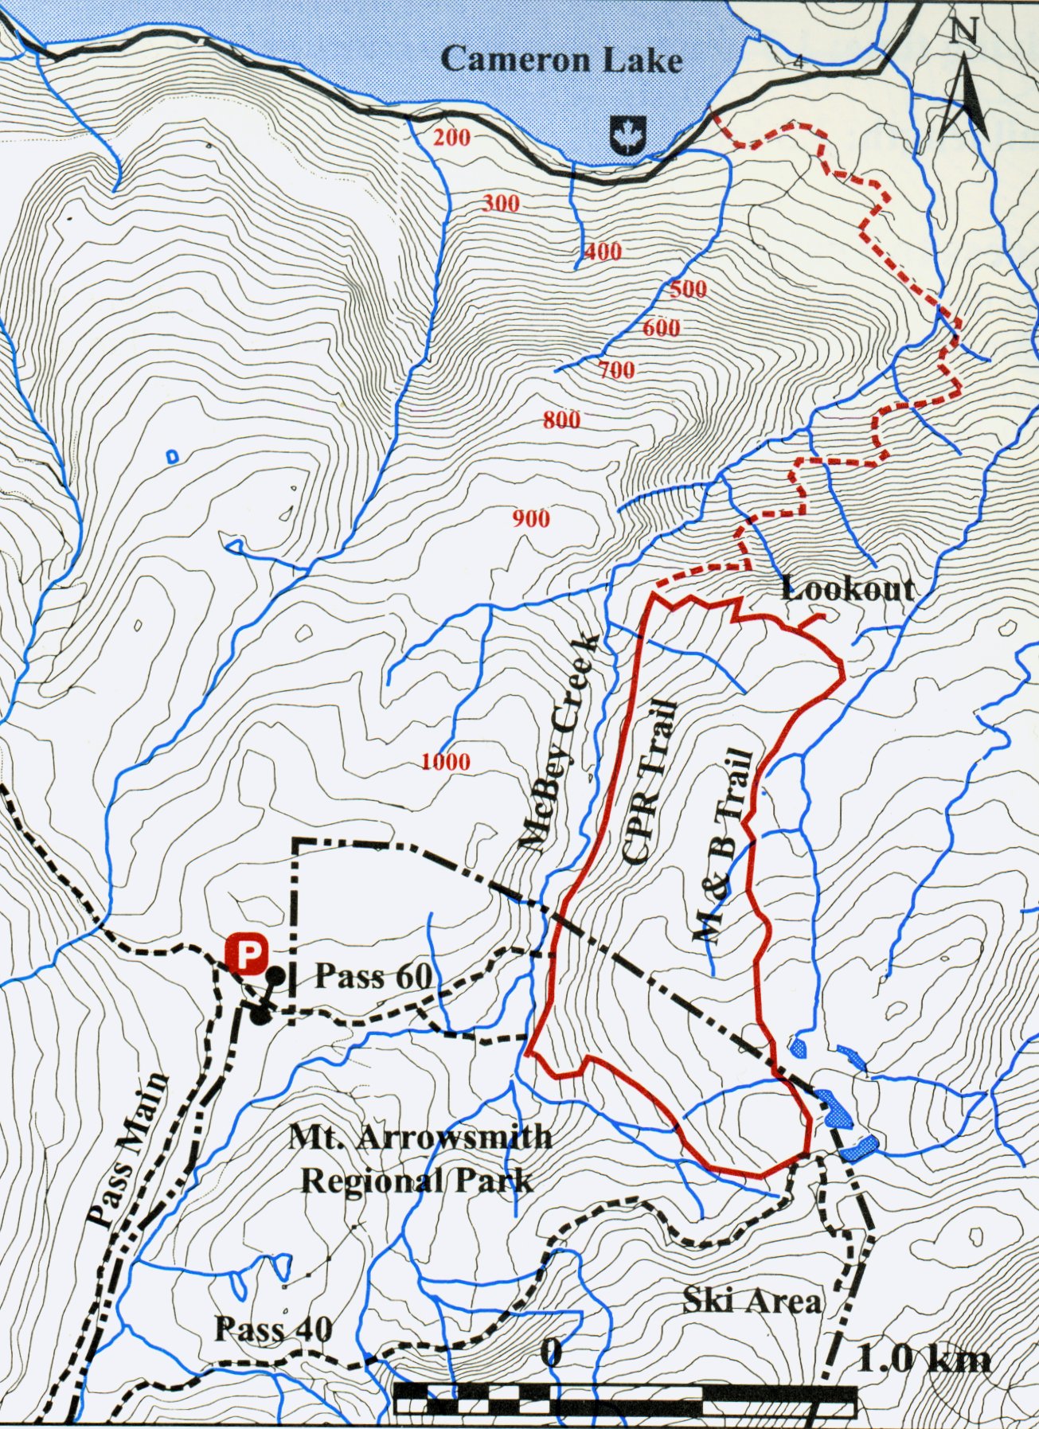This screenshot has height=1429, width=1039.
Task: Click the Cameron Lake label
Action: point(561,60)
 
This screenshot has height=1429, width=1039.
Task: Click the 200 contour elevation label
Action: point(451,138)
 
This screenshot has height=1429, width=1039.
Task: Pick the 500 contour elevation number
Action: point(687,289)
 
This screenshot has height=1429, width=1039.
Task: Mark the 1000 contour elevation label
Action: point(446,762)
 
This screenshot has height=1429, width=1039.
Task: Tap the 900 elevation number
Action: point(530,519)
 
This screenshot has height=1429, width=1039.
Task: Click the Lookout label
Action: point(847,589)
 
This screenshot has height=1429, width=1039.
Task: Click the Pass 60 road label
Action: point(373,976)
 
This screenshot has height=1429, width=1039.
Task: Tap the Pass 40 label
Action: point(273,1329)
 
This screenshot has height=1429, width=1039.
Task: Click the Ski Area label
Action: point(751,1301)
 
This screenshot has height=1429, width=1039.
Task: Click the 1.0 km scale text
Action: point(924,1359)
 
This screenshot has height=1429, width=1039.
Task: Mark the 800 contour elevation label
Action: point(561,420)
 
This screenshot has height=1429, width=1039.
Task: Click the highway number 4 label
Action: point(799,62)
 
